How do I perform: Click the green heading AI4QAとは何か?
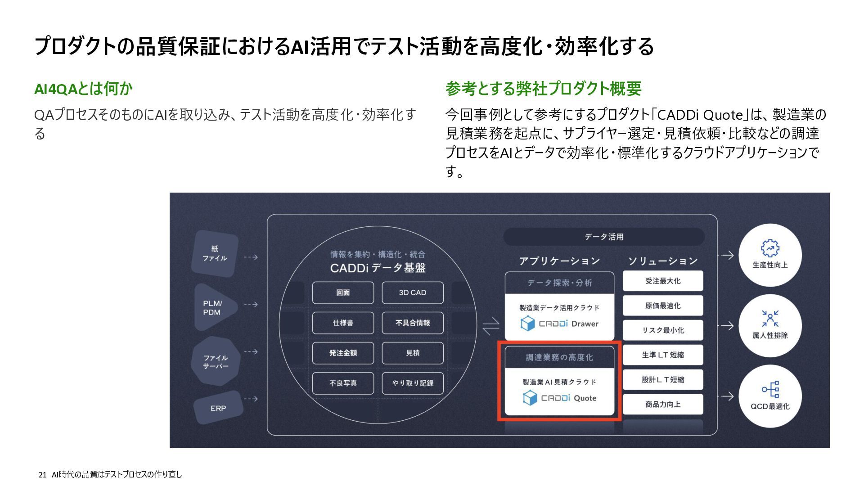tap(83, 89)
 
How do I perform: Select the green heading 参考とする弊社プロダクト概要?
tap(543, 89)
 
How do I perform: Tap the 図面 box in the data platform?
tap(343, 292)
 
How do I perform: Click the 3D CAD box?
tap(412, 292)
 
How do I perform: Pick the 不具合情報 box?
tap(412, 323)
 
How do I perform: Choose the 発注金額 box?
tap(343, 353)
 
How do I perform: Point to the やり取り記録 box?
tap(412, 383)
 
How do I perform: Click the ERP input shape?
tap(218, 408)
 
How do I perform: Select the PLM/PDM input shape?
tap(214, 308)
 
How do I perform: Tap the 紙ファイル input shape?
tap(215, 253)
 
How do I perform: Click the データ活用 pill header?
tap(603, 237)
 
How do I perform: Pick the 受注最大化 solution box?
tap(663, 281)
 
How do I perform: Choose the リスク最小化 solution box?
tap(663, 330)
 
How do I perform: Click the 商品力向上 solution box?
tap(663, 404)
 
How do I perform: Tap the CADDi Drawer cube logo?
tap(527, 323)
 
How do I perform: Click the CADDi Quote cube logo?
tap(530, 398)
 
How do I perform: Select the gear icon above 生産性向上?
tap(770, 248)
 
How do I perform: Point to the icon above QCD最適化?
tap(770, 390)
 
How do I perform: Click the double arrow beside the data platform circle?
tap(490, 326)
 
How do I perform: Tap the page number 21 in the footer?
tap(43, 475)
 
